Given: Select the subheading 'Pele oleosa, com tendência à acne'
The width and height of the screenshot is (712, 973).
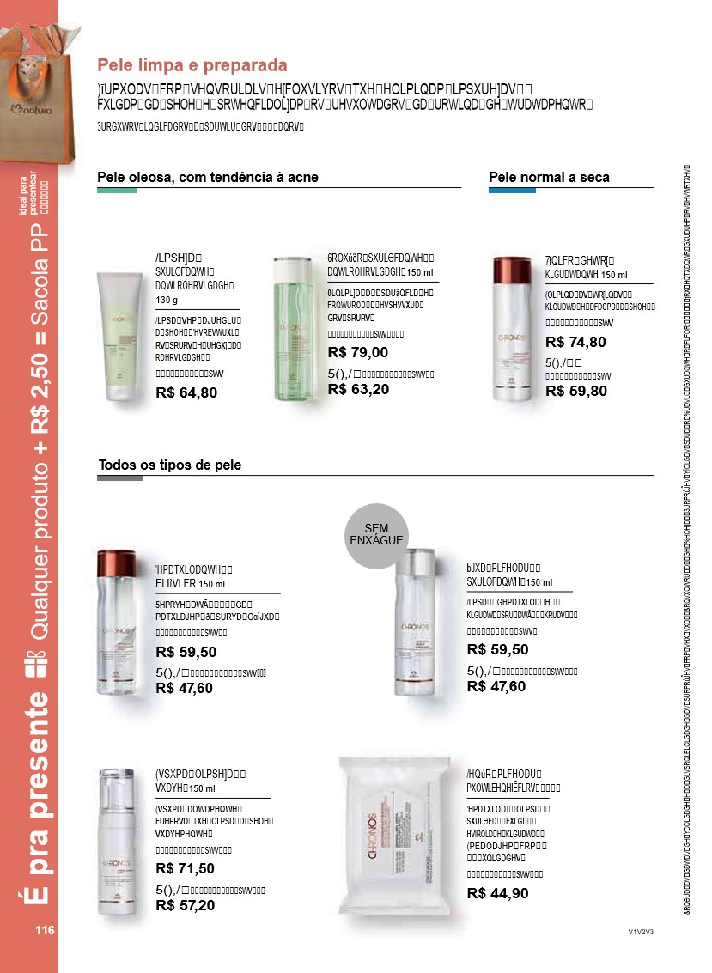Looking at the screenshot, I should tap(208, 178).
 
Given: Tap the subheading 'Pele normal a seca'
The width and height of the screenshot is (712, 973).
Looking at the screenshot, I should tap(549, 178).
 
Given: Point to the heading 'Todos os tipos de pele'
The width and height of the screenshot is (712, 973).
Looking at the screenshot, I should tap(170, 465).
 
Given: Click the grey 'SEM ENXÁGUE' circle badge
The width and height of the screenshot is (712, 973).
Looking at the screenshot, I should tap(376, 535).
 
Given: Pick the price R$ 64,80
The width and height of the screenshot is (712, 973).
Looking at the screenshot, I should tap(186, 392).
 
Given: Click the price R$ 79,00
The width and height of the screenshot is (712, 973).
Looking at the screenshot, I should tap(358, 352).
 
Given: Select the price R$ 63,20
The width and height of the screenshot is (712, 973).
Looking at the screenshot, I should tap(358, 389).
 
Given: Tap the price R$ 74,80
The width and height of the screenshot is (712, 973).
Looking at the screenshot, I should tap(575, 342).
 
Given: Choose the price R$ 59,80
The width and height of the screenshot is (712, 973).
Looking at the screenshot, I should tap(575, 391).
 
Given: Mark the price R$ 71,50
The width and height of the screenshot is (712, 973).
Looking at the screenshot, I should tap(185, 868).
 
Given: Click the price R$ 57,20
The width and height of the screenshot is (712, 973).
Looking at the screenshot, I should tap(185, 905).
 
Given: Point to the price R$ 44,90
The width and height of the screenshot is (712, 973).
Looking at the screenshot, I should tap(497, 893).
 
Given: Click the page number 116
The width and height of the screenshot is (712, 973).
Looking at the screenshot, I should tap(45, 930).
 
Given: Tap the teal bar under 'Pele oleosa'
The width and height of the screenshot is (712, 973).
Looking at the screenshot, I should tap(117, 191).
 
